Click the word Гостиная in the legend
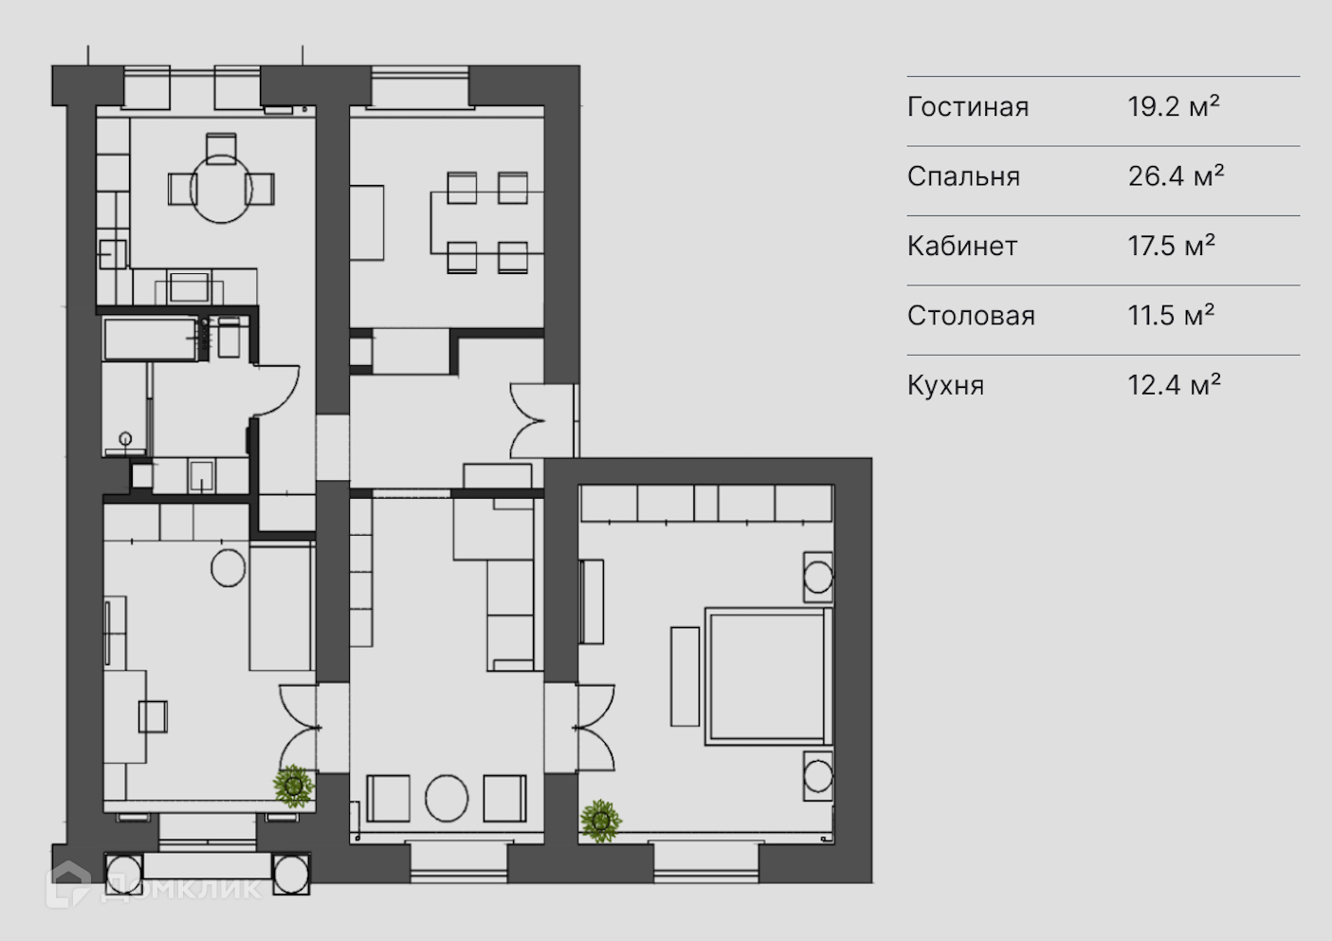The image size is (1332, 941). click(x=967, y=107)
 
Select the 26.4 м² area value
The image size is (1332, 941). click(x=1175, y=176)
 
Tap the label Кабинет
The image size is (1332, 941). click(x=961, y=247)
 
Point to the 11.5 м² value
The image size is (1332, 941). click(x=1171, y=316)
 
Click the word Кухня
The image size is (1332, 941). click(x=945, y=385)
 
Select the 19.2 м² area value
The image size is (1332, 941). click(x=1173, y=106)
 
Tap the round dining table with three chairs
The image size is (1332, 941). click(x=221, y=189)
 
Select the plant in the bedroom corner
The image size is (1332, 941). click(x=601, y=821)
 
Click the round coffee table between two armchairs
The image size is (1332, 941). click(x=447, y=799)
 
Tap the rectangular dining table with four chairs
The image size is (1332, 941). click(x=486, y=223)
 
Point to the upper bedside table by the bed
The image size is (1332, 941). click(x=817, y=576)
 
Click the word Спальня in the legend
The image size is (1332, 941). click(x=963, y=176)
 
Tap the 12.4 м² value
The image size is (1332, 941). click(x=1174, y=385)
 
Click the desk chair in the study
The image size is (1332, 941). click(x=153, y=715)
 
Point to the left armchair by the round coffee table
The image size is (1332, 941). click(x=388, y=799)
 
